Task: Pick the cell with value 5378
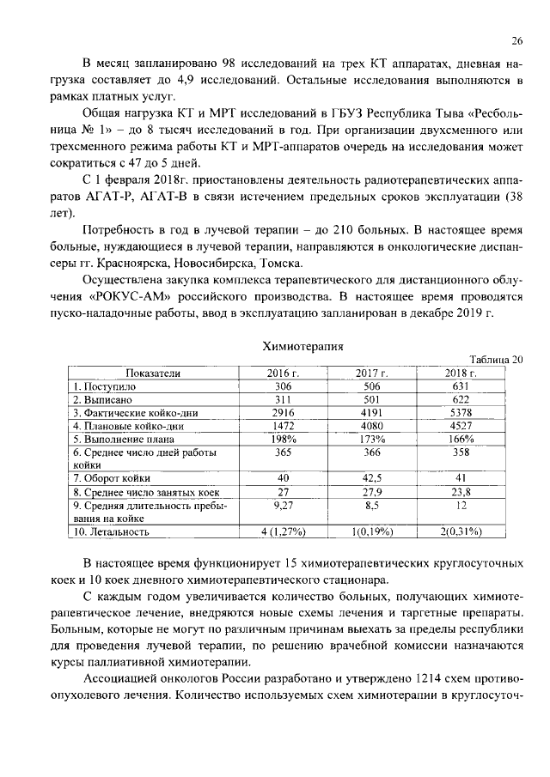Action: pyautogui.click(x=461, y=412)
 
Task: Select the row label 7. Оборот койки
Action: pyautogui.click(x=112, y=478)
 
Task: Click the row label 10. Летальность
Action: pyautogui.click(x=111, y=531)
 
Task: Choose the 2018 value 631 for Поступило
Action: pyautogui.click(x=461, y=386)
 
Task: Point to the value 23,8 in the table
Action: pyautogui.click(x=461, y=492)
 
